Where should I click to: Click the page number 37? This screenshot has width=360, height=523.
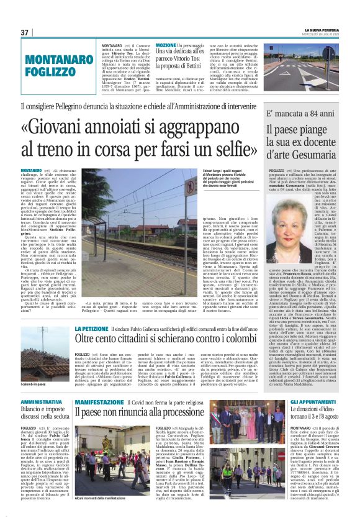click(25, 32)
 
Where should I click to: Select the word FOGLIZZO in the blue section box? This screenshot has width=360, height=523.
click(58, 71)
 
